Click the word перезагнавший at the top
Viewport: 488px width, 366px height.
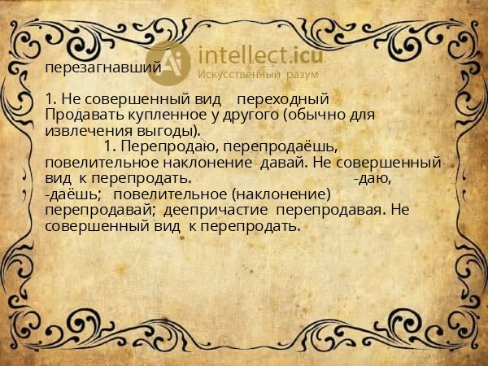[102, 67]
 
